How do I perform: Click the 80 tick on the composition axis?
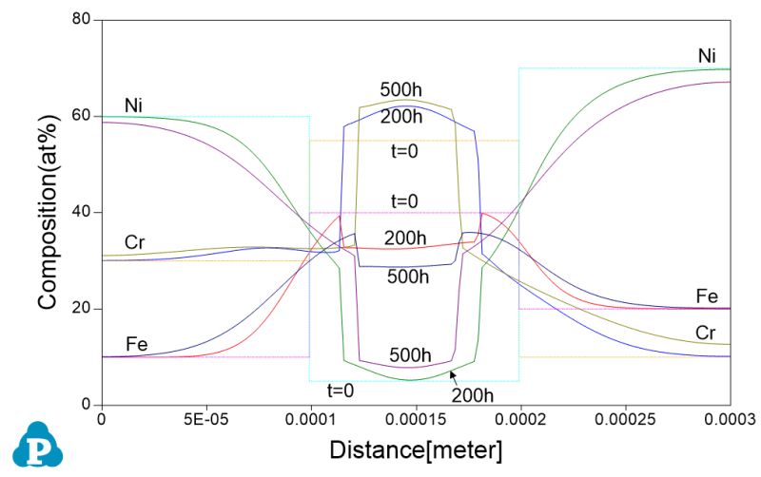(x=83, y=20)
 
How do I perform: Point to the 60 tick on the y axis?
(x=83, y=116)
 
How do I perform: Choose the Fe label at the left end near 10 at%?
(x=137, y=343)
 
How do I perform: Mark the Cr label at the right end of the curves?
(x=705, y=332)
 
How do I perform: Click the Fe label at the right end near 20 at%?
(x=706, y=296)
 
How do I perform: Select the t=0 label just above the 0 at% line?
(x=341, y=390)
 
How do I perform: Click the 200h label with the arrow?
(x=473, y=394)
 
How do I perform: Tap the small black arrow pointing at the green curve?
(x=454, y=375)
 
